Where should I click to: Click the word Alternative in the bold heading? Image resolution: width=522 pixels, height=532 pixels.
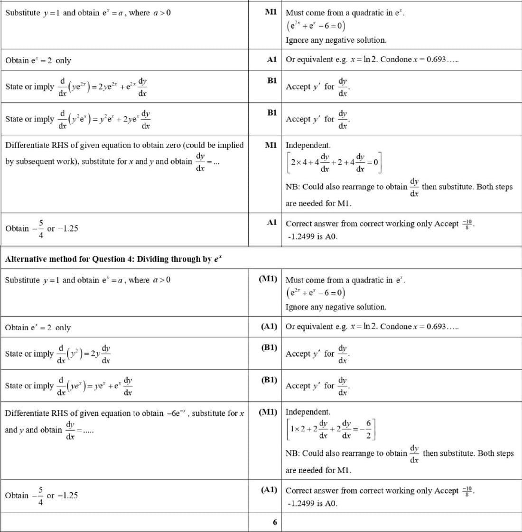pos(26,259)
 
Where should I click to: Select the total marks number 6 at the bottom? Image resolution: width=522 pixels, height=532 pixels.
pos(275,522)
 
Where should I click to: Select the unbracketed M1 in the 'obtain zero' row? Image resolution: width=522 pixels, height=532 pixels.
pos(271,145)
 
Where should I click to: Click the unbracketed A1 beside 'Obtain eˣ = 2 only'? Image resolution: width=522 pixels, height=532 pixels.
pos(271,59)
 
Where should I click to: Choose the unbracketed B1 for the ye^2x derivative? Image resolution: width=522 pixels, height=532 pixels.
pos(272,80)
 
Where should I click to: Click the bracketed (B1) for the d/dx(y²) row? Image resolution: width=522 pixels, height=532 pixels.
pos(269,347)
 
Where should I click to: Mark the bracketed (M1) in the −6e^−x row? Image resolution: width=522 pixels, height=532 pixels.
pos(268,412)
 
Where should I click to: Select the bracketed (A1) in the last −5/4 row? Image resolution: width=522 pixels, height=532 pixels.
pos(269,489)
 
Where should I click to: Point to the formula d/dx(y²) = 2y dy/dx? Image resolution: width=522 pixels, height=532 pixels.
pos(84,354)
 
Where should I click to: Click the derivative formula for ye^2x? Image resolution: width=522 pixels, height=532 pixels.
pos(103,86)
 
